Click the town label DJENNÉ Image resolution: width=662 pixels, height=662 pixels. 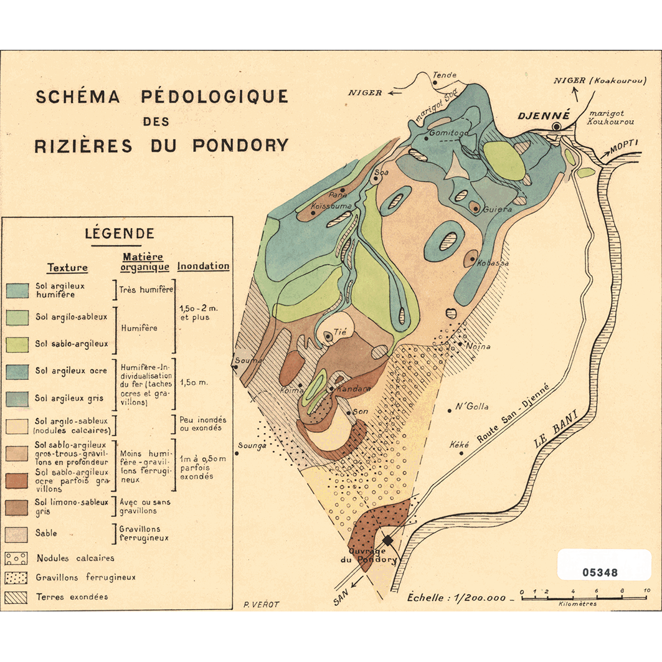click(544, 115)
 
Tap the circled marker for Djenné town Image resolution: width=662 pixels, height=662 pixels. click(556, 126)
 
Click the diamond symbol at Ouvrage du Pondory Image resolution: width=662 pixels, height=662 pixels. click(387, 540)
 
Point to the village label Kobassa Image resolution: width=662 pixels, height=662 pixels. click(493, 263)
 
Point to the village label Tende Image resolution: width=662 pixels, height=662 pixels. click(445, 75)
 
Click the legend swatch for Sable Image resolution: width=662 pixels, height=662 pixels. click(17, 534)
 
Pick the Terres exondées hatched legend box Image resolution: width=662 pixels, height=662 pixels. click(17, 597)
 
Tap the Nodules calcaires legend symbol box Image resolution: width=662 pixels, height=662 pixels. click(17, 558)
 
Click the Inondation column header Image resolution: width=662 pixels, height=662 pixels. click(203, 266)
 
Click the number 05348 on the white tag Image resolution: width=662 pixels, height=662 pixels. click(600, 572)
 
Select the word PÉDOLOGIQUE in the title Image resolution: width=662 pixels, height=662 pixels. click(214, 97)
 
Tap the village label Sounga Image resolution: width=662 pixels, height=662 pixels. click(252, 445)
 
